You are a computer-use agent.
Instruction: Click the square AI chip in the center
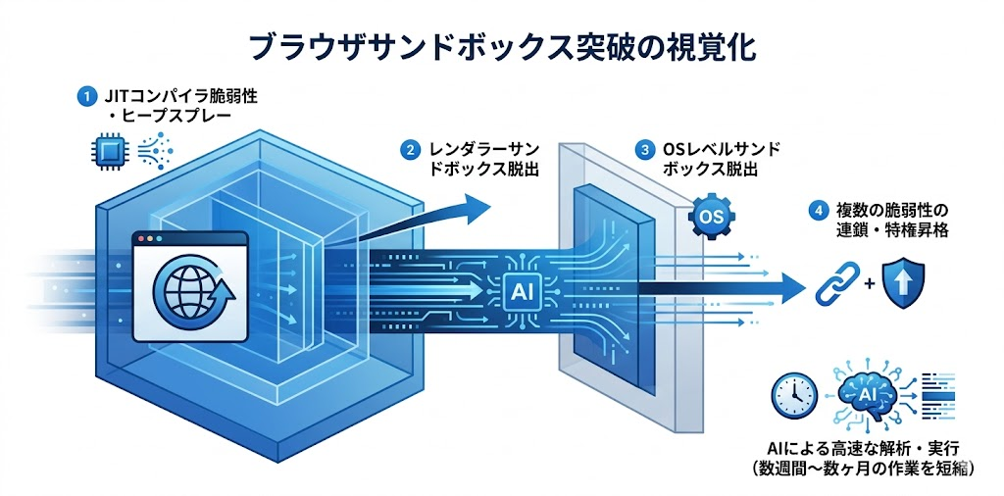(519, 288)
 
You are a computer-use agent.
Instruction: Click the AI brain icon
(866, 393)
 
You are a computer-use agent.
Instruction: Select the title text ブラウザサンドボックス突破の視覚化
(501, 46)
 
